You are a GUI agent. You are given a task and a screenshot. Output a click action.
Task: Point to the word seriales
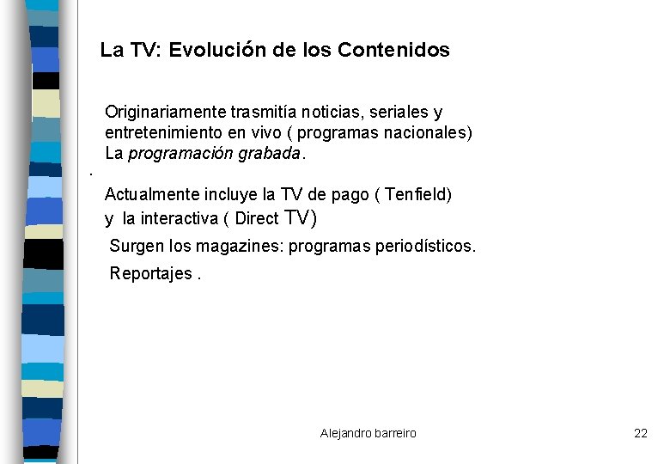pyautogui.click(x=404, y=113)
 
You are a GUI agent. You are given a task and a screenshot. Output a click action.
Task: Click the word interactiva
pyautogui.click(x=177, y=218)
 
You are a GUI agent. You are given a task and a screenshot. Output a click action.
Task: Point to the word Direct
pyautogui.click(x=257, y=218)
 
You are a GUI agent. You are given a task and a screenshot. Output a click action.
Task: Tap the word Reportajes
pyautogui.click(x=150, y=274)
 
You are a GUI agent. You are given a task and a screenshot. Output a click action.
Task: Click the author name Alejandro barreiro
pyautogui.click(x=368, y=433)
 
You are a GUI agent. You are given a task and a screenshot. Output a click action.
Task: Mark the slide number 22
pyautogui.click(x=641, y=433)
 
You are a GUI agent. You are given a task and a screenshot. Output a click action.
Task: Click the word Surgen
pyautogui.click(x=137, y=247)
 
